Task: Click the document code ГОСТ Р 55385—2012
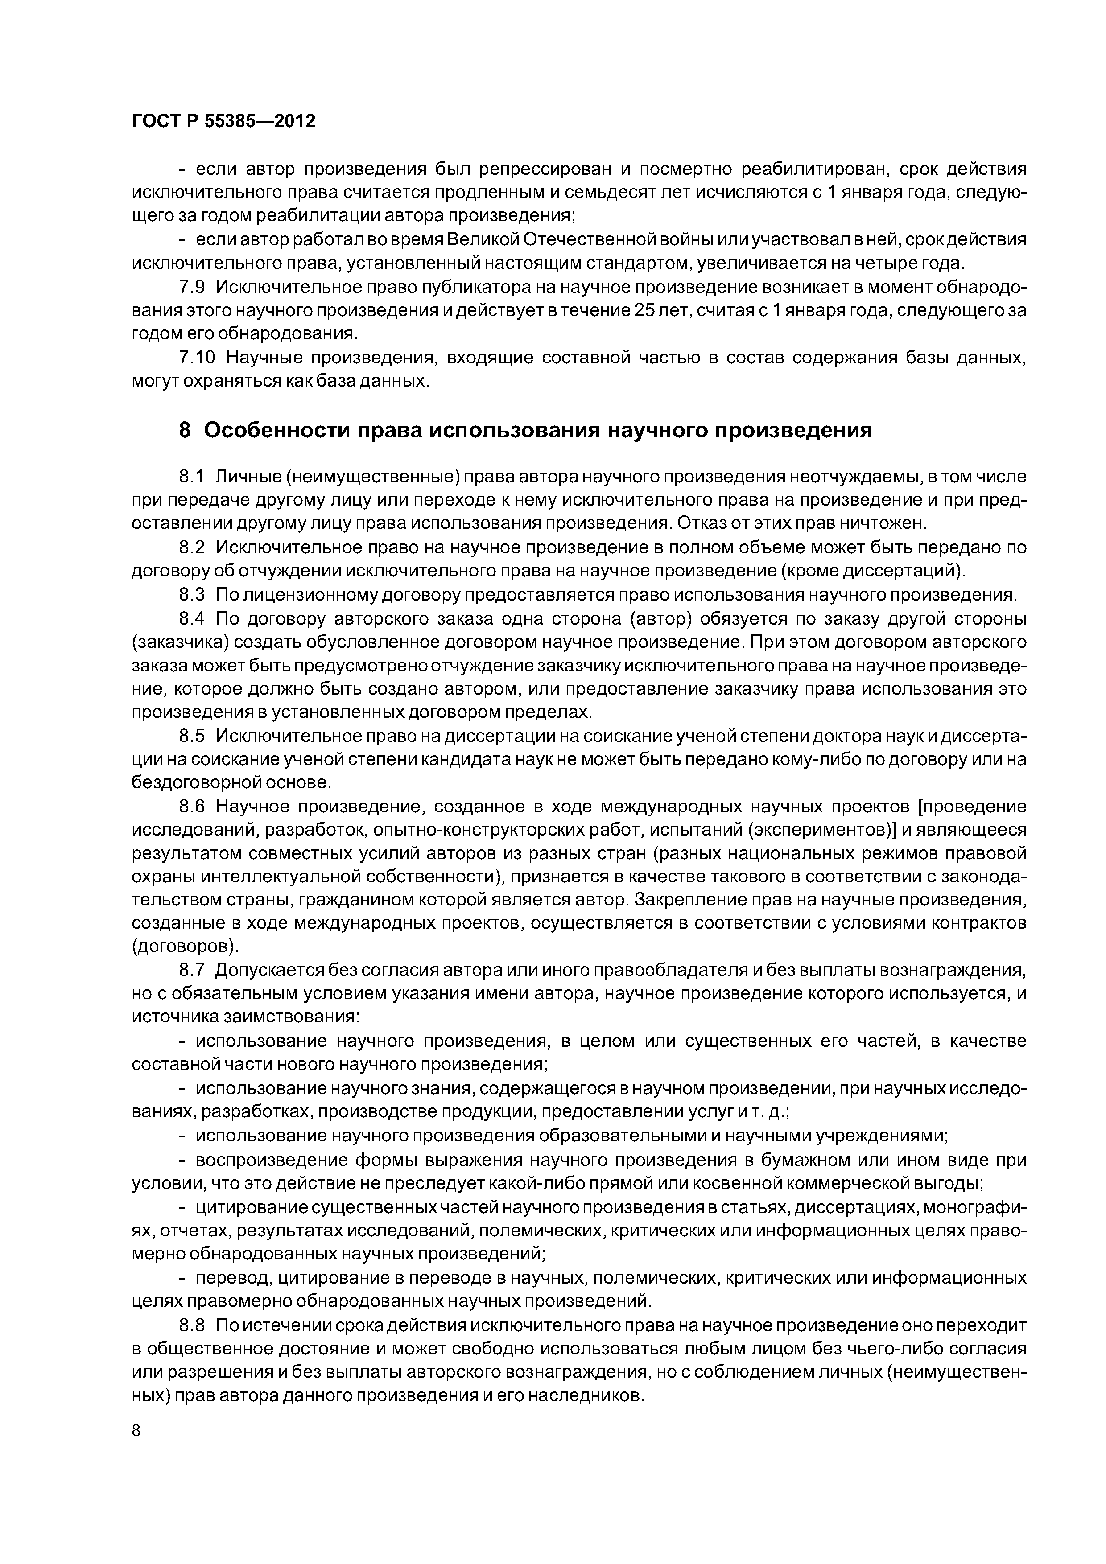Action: click(223, 122)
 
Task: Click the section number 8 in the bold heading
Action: click(185, 431)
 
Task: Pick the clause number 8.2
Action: click(191, 547)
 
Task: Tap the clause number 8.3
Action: click(191, 595)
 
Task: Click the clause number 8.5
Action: click(191, 737)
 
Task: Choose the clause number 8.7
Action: click(191, 969)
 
